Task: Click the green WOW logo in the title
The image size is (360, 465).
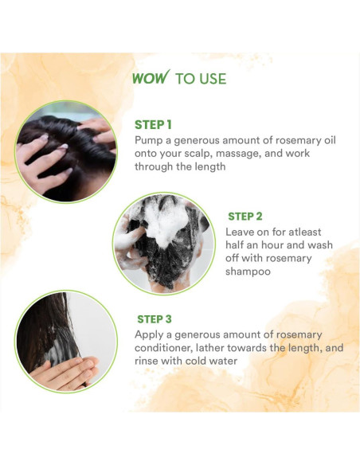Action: pyautogui.click(x=150, y=78)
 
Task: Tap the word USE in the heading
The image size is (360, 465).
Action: pyautogui.click(x=212, y=79)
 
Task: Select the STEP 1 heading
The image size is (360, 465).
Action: pyautogui.click(x=153, y=124)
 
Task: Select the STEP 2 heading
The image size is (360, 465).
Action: pyautogui.click(x=245, y=216)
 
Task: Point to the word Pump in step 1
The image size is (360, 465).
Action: pyautogui.click(x=149, y=139)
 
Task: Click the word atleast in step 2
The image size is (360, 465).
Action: pyautogui.click(x=312, y=231)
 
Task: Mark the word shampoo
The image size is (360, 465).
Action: pyautogui.click(x=252, y=272)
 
